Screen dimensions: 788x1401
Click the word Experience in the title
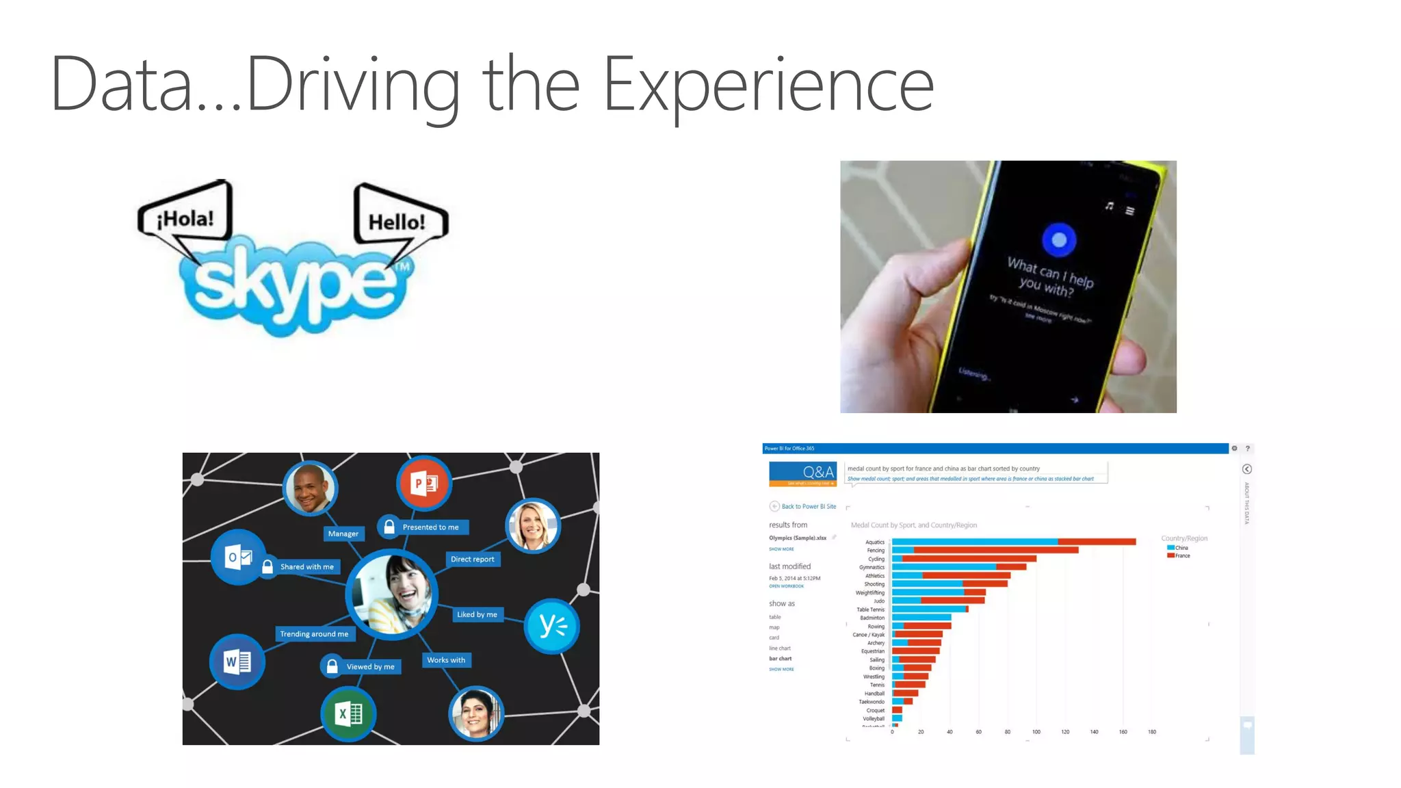[x=768, y=86]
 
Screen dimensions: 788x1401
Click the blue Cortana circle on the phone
[x=1059, y=240]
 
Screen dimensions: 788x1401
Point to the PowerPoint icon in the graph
[x=424, y=484]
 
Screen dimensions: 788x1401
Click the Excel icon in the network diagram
[x=349, y=714]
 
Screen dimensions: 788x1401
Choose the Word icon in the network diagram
[x=237, y=661]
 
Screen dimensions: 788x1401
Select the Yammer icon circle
[x=552, y=626]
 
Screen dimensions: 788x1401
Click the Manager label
[x=343, y=534]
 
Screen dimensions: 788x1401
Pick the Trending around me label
[x=314, y=634]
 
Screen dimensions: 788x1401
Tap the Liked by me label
[x=477, y=614]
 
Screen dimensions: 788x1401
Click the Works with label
[x=446, y=660]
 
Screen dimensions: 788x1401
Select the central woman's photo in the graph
[x=392, y=594]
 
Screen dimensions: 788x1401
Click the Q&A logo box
[x=802, y=473]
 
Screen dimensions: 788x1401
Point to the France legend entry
[x=1181, y=555]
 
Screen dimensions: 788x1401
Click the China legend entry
[x=1181, y=548]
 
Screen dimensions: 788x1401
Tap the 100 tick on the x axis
[x=1036, y=732]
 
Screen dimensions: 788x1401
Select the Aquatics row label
[x=874, y=542]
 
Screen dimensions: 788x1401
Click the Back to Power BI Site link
[x=808, y=506]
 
